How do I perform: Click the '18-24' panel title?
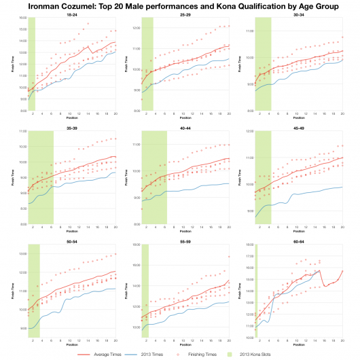[x=71, y=14]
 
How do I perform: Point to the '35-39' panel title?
[x=71, y=127]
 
